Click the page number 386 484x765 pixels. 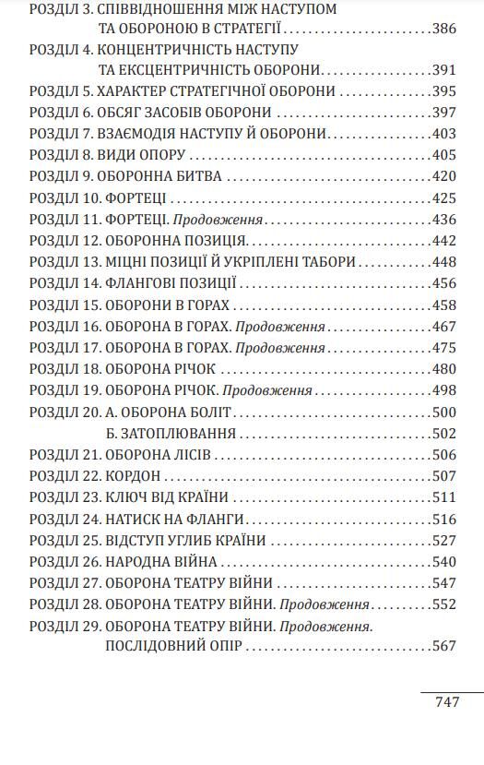(x=443, y=29)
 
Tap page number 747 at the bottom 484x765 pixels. (x=446, y=702)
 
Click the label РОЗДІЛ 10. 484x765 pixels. (x=65, y=198)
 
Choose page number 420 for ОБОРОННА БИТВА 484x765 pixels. (x=443, y=176)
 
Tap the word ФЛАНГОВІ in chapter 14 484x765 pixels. (x=144, y=283)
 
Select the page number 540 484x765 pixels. (x=443, y=561)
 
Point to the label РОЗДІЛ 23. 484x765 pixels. (x=65, y=497)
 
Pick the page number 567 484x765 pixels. (x=443, y=646)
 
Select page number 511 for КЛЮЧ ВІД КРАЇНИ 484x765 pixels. (x=443, y=497)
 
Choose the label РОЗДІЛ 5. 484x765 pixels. (x=62, y=91)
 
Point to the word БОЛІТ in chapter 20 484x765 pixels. (x=211, y=412)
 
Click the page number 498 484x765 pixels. (x=443, y=390)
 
